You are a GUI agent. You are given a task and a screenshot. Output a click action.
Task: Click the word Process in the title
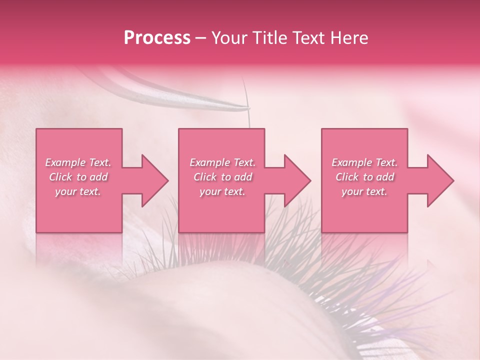[157, 38]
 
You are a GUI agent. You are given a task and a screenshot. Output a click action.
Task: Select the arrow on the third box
[434, 180]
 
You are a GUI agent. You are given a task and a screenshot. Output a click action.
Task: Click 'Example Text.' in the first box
[78, 162]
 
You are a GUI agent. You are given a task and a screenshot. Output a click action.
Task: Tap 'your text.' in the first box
[78, 191]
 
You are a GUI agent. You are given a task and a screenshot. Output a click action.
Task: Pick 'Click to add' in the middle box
[222, 177]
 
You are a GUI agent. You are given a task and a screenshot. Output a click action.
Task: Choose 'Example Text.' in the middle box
[222, 162]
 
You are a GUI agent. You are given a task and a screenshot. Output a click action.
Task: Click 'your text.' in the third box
[364, 191]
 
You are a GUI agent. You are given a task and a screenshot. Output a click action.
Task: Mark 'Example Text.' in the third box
[364, 162]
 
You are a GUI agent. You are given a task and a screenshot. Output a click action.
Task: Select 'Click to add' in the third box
[364, 177]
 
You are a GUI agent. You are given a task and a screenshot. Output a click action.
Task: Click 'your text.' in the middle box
[222, 191]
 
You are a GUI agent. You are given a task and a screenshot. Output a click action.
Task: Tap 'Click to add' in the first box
[78, 177]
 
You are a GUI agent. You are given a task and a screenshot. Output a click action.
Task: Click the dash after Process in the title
[201, 38]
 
